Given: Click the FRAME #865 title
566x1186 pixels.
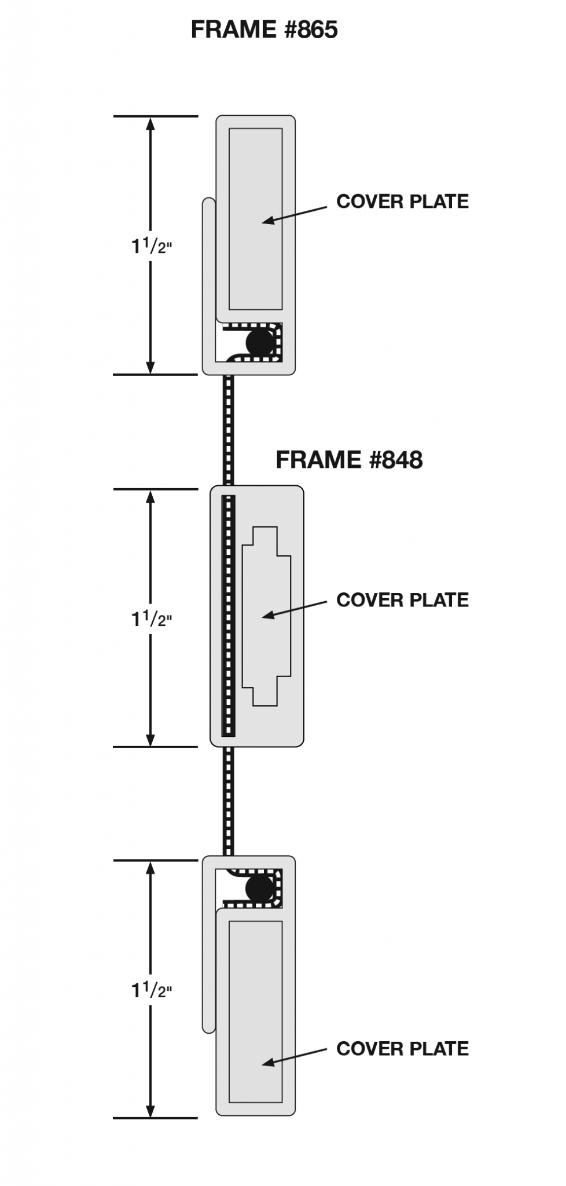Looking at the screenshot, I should click(264, 29).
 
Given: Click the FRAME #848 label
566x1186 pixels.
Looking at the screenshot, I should click(349, 460).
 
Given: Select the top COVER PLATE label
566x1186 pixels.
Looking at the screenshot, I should click(402, 202).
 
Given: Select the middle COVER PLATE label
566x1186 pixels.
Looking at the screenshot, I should click(402, 600).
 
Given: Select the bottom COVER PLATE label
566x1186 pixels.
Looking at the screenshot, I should click(402, 1048).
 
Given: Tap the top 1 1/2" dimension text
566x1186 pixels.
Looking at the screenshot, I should click(151, 247).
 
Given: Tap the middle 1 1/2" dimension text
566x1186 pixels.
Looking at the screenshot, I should click(151, 620).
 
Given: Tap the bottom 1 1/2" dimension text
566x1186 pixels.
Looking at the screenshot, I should click(151, 991).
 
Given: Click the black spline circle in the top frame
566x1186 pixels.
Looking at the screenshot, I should click(259, 342).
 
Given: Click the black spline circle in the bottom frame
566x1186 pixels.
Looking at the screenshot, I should click(259, 888).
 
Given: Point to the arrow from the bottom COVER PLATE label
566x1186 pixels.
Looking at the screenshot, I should click(295, 1056).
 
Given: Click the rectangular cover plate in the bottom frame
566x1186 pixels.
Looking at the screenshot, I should click(255, 1019).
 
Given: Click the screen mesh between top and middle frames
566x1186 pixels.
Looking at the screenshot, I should click(229, 429).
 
